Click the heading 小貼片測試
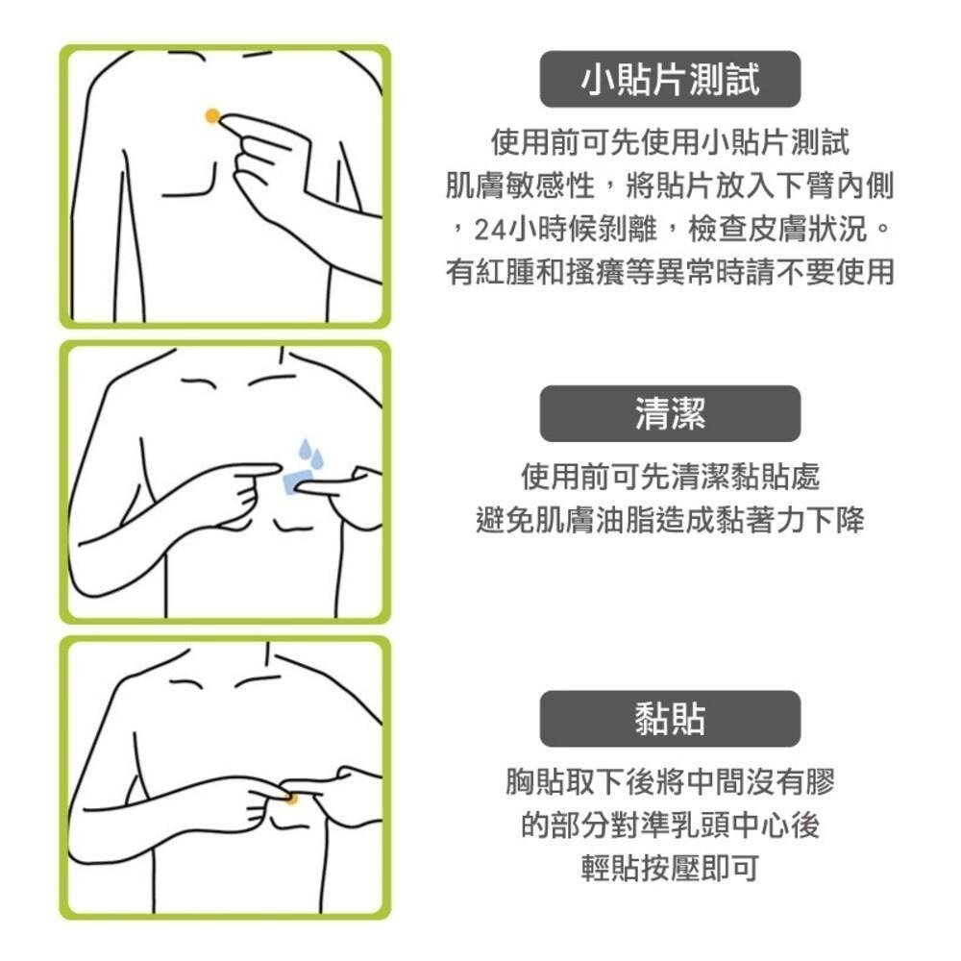click(670, 80)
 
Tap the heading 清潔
click(670, 413)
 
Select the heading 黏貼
click(670, 719)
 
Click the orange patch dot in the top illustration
click(212, 115)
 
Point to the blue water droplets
click(310, 454)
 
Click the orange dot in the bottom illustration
click(292, 799)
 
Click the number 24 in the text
click(490, 230)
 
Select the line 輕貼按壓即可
click(670, 868)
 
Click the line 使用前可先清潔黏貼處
click(670, 477)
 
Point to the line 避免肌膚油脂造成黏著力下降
click(670, 520)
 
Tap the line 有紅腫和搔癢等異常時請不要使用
click(670, 272)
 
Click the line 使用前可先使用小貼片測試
click(670, 142)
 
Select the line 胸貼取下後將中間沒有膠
click(670, 780)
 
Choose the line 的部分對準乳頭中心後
click(670, 825)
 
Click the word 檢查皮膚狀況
click(777, 230)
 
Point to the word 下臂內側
click(835, 185)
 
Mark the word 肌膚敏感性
click(520, 185)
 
